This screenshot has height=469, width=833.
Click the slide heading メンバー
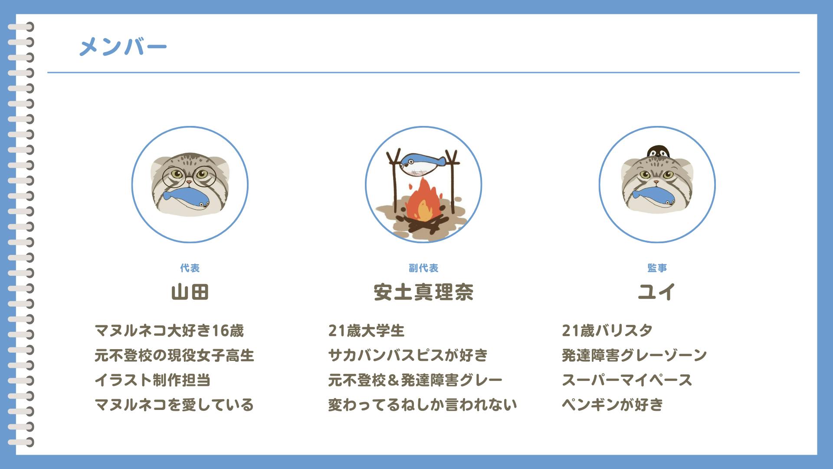(123, 46)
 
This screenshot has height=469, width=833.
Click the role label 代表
(190, 268)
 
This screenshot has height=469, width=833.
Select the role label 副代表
(423, 268)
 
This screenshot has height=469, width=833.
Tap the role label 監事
(657, 268)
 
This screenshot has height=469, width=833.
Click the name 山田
(190, 292)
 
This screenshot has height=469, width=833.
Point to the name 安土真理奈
(423, 292)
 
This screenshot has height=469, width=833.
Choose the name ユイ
(656, 292)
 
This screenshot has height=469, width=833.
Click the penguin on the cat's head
(658, 152)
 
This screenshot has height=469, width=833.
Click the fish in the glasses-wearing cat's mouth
(186, 198)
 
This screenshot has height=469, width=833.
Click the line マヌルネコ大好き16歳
(169, 331)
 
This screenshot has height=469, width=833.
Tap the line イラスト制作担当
(153, 380)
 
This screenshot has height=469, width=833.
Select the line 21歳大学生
(366, 331)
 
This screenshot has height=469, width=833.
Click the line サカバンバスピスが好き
(408, 355)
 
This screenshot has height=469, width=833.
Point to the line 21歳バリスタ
(607, 331)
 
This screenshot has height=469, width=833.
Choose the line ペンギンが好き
(613, 405)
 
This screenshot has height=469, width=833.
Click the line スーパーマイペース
(627, 380)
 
